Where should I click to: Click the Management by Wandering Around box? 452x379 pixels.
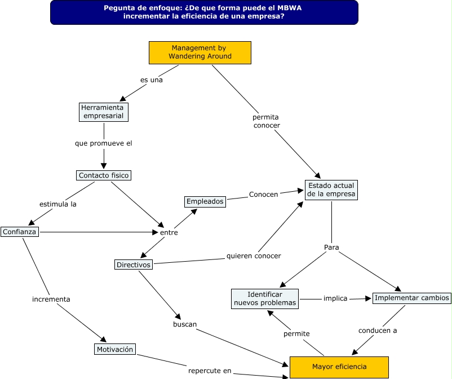coord(200,52)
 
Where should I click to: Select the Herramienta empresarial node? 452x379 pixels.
coord(104,112)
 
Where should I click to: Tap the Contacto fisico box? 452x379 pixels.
coord(104,175)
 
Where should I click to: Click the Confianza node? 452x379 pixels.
coord(19,232)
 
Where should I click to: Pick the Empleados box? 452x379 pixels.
coord(205,201)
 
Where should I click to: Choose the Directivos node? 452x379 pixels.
coord(134,265)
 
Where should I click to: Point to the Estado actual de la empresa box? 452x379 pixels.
coord(331,189)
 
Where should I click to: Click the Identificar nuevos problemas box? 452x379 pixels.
coord(264,299)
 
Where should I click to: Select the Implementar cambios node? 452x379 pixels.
coord(412,298)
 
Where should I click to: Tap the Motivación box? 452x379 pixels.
coord(115,349)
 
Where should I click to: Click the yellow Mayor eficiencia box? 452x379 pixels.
coord(339,367)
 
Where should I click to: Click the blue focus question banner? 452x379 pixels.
coord(204,12)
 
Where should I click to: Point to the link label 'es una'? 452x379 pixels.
coord(152,80)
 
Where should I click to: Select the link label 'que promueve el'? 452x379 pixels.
coord(104,143)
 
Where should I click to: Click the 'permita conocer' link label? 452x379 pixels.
coord(266,121)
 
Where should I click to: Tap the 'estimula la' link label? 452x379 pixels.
coord(57,204)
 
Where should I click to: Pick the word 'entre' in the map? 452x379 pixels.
coord(169,232)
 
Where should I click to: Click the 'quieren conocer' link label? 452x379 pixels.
coord(254,256)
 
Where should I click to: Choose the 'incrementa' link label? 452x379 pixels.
coord(51,299)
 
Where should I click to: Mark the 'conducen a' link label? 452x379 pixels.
coord(378,330)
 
